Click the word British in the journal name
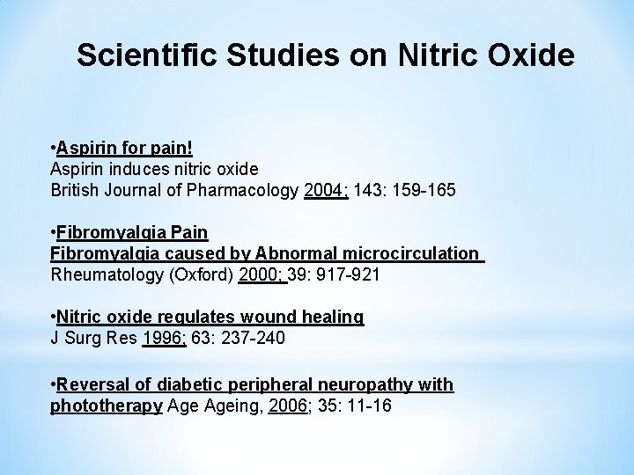tap(77, 188)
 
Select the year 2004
tap(324, 188)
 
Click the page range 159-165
tap(424, 188)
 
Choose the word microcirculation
tap(409, 253)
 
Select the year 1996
tap(163, 339)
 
